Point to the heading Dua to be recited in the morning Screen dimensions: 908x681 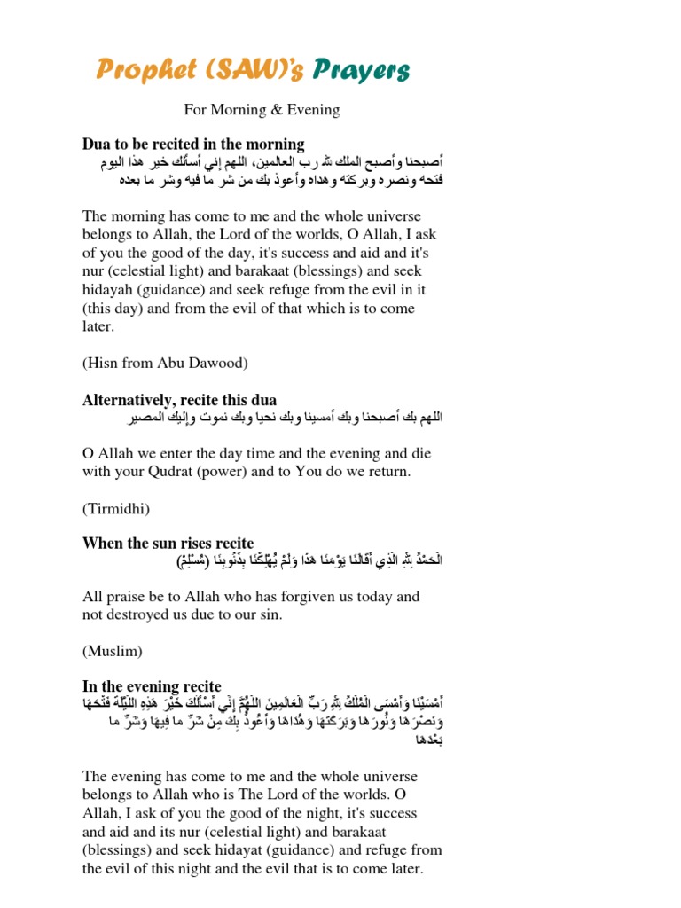(x=193, y=144)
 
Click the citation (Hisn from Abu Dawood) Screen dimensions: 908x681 (x=165, y=362)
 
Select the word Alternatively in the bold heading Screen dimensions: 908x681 (x=128, y=400)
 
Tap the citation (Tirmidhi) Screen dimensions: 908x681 (x=116, y=508)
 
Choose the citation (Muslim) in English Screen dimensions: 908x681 (x=113, y=651)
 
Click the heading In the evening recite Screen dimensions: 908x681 (x=152, y=686)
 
